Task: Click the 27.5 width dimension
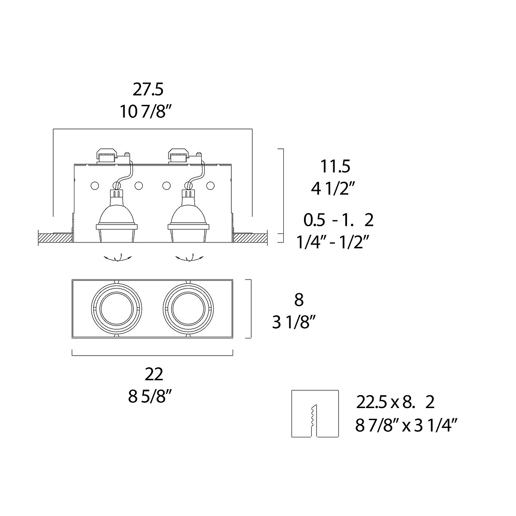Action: click(x=148, y=89)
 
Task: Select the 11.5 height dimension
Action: click(x=335, y=166)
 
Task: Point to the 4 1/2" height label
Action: click(x=333, y=188)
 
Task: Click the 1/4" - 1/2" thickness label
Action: click(x=333, y=243)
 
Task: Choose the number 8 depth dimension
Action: click(x=299, y=300)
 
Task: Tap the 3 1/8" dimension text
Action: click(x=295, y=322)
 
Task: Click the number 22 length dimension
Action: click(x=154, y=374)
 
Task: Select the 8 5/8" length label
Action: click(x=150, y=396)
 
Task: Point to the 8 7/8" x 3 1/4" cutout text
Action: click(x=406, y=426)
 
